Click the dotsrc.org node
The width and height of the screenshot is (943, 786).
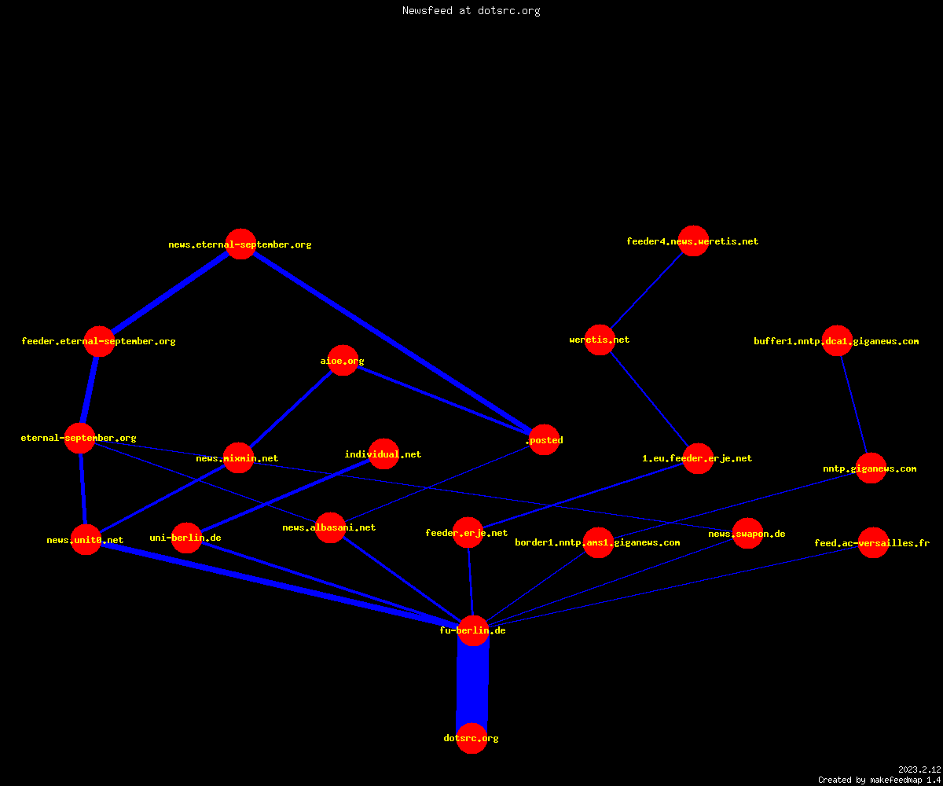[x=472, y=739]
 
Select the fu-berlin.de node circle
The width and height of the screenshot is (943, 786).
[x=473, y=630]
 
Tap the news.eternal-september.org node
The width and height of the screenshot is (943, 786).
[x=240, y=244]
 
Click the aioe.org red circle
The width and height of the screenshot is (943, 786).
[x=343, y=361]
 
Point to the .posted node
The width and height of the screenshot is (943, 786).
[x=545, y=440]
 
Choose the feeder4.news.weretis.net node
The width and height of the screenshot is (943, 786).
[x=693, y=241]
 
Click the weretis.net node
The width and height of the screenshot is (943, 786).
[x=600, y=340]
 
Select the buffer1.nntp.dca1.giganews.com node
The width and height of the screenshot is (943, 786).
[x=837, y=340]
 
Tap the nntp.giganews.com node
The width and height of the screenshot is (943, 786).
[x=871, y=468]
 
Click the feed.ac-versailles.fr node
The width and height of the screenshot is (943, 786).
[x=873, y=542]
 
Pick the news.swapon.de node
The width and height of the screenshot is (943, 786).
[x=747, y=533]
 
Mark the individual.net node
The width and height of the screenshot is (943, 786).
[x=383, y=454]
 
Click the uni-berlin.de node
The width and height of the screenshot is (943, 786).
[x=186, y=538]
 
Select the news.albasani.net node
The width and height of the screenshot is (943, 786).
[x=330, y=527]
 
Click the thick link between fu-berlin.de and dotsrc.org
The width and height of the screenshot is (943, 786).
[x=472, y=685]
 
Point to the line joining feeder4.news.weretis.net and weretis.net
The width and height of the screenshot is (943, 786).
[x=647, y=291]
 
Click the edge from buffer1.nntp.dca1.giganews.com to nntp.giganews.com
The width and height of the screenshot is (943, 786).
[x=853, y=404]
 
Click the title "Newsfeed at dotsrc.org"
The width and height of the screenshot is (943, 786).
[x=471, y=11]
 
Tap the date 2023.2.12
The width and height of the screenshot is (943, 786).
[x=919, y=769]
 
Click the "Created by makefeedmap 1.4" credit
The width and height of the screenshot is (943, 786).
[x=879, y=780]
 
